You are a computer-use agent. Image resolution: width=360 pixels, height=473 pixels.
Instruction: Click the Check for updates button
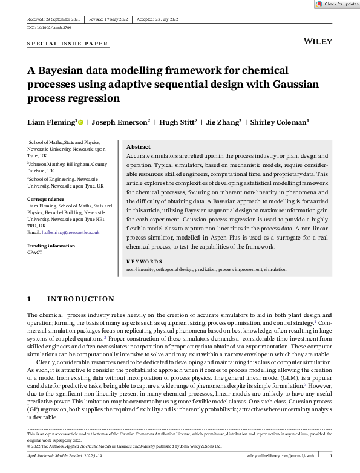click(337, 4)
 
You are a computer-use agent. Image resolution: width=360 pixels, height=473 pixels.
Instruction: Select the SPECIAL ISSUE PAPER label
click(68, 44)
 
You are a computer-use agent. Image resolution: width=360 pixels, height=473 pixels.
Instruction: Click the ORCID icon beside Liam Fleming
click(80, 122)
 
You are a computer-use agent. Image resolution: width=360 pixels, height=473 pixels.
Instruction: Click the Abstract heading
click(138, 147)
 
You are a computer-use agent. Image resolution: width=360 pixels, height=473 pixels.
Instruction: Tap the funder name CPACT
click(34, 253)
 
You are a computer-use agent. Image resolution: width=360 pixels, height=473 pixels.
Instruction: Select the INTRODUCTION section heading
click(80, 299)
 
